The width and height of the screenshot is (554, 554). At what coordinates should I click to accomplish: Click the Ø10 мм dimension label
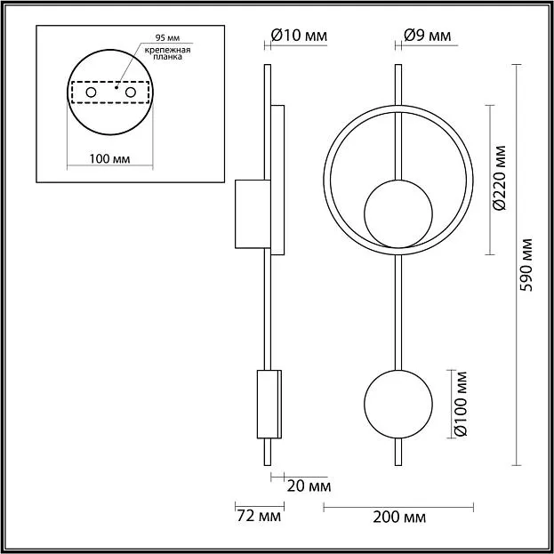(x=299, y=36)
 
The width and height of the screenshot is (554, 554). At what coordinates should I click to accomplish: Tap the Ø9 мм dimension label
(x=427, y=36)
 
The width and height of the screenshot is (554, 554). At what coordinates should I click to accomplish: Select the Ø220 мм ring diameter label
(x=500, y=178)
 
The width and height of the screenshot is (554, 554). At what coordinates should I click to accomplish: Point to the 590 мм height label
(x=526, y=265)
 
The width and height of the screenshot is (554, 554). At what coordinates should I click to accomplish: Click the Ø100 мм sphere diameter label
(x=460, y=404)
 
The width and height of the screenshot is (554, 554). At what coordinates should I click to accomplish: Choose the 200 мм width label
(x=399, y=518)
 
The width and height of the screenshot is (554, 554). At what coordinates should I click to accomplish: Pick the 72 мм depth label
(x=259, y=516)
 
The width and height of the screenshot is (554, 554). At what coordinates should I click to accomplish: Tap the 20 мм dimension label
(x=309, y=486)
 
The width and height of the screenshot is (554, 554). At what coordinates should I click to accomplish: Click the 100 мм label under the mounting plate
(x=109, y=159)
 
